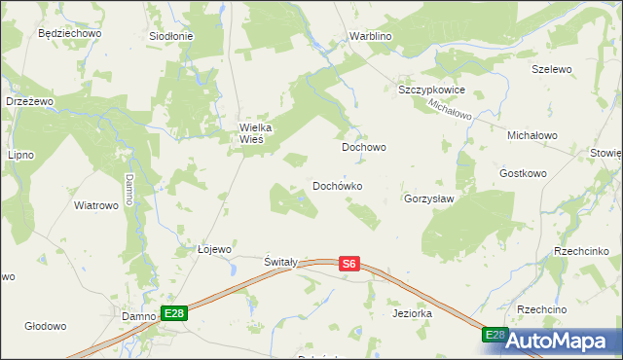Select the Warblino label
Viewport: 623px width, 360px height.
(x=370, y=38)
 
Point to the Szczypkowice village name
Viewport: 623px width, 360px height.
(x=432, y=90)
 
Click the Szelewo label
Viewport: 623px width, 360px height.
(x=551, y=70)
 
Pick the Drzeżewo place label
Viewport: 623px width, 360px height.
(x=28, y=101)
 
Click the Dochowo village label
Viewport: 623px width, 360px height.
(x=364, y=148)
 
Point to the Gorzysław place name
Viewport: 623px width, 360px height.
(x=429, y=198)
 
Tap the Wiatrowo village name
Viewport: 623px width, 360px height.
(x=96, y=205)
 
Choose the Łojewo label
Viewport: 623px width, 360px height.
(x=214, y=249)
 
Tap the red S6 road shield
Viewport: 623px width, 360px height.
(x=350, y=263)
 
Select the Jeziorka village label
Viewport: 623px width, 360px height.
(x=412, y=314)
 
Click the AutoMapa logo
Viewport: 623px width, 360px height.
(x=563, y=341)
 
